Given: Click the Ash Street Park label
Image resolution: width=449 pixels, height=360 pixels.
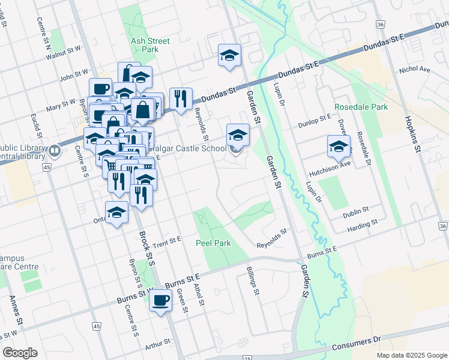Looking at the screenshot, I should [150, 45].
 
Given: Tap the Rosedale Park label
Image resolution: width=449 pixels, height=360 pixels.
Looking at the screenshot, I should [361, 107].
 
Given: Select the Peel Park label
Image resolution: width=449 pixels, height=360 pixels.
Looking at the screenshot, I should [209, 244].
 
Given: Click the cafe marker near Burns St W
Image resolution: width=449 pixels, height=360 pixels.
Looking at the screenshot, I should [160, 301].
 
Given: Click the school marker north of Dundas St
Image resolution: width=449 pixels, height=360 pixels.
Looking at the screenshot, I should [229, 56].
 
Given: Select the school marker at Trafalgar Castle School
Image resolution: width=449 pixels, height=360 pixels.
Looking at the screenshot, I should [238, 136].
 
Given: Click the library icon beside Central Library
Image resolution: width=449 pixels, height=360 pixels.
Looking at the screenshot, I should [55, 150].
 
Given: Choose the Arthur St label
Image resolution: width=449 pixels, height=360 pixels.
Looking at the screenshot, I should [158, 347].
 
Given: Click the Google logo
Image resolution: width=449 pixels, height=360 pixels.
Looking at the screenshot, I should [20, 353].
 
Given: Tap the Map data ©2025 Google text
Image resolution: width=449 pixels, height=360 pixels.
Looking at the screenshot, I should [412, 355].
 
